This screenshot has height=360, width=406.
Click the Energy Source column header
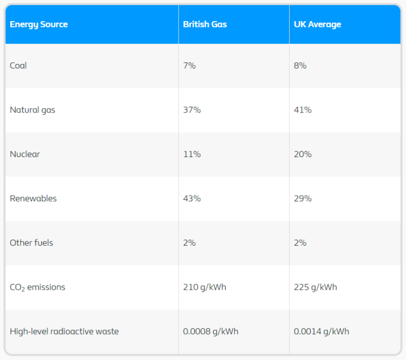point(39,24)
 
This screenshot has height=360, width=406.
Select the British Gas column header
point(205,24)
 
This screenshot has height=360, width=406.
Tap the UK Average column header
point(317,24)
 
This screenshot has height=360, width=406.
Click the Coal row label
point(18,66)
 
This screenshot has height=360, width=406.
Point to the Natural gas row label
point(32,110)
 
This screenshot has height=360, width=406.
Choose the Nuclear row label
point(25,154)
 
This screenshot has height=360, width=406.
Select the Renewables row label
point(33,199)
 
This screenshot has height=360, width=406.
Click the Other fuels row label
point(31,243)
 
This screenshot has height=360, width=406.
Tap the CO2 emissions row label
point(38,288)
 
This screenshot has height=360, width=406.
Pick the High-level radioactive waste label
point(64,331)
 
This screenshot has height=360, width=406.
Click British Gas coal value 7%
point(189,66)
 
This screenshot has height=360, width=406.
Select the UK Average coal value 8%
point(300,66)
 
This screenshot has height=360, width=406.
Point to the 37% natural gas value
point(192,110)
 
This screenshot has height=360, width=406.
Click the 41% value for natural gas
point(303,110)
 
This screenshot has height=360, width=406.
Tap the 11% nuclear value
point(191,154)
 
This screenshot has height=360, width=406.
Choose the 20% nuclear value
point(303,154)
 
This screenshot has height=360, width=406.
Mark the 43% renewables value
point(192,199)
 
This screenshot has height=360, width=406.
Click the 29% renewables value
point(303,199)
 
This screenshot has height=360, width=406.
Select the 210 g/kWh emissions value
point(205,288)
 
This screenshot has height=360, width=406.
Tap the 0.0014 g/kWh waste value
point(321,331)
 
